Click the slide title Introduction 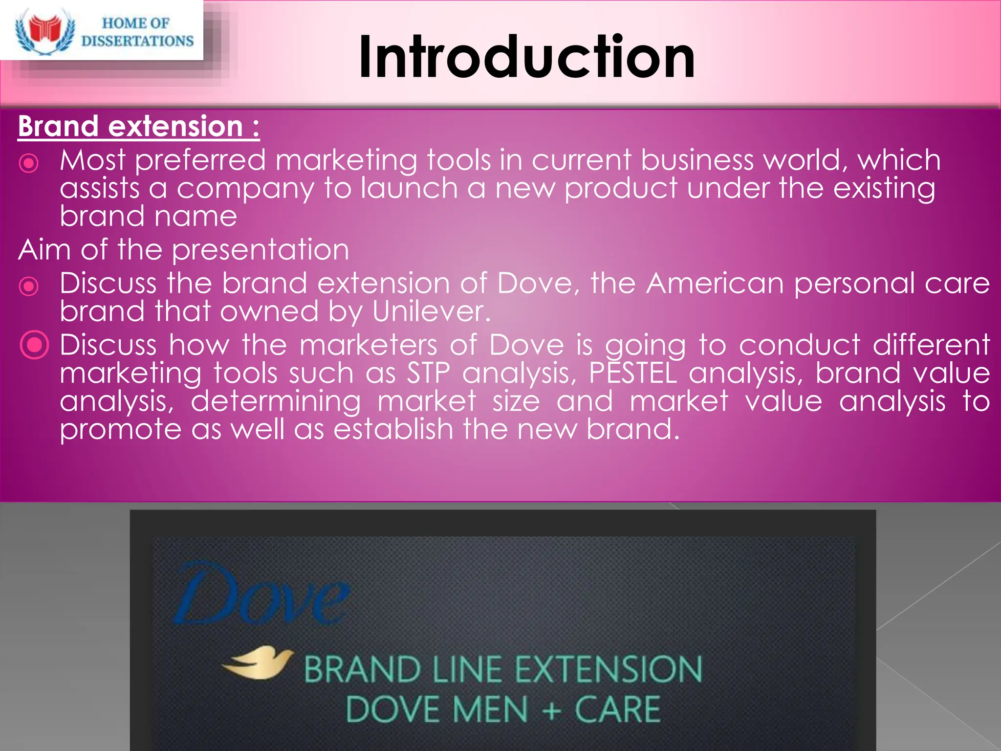click(x=526, y=57)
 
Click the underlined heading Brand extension click(x=138, y=126)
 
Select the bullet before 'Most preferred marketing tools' click(x=29, y=163)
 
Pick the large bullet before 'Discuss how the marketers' click(x=34, y=345)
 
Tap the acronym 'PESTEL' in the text click(x=633, y=373)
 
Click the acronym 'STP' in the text click(x=429, y=373)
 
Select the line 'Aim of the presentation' click(x=184, y=249)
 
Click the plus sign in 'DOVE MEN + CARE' click(x=551, y=709)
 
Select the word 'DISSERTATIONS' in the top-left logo click(x=137, y=41)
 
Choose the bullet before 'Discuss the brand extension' click(x=29, y=286)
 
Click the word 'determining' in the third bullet click(x=276, y=401)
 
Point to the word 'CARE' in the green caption click(x=617, y=709)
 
